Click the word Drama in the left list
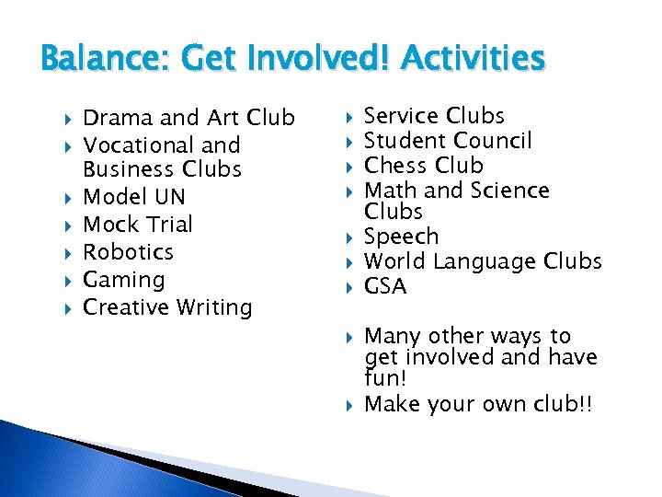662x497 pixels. [x=119, y=118]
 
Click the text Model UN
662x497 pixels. [x=134, y=197]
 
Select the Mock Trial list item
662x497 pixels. [x=138, y=225]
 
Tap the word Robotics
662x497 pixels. [x=128, y=251]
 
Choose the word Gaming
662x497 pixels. [x=123, y=280]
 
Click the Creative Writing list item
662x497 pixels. [x=167, y=307]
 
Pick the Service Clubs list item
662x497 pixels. [x=435, y=116]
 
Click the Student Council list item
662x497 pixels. [x=448, y=141]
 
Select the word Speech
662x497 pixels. [x=402, y=237]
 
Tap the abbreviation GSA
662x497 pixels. [x=385, y=286]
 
